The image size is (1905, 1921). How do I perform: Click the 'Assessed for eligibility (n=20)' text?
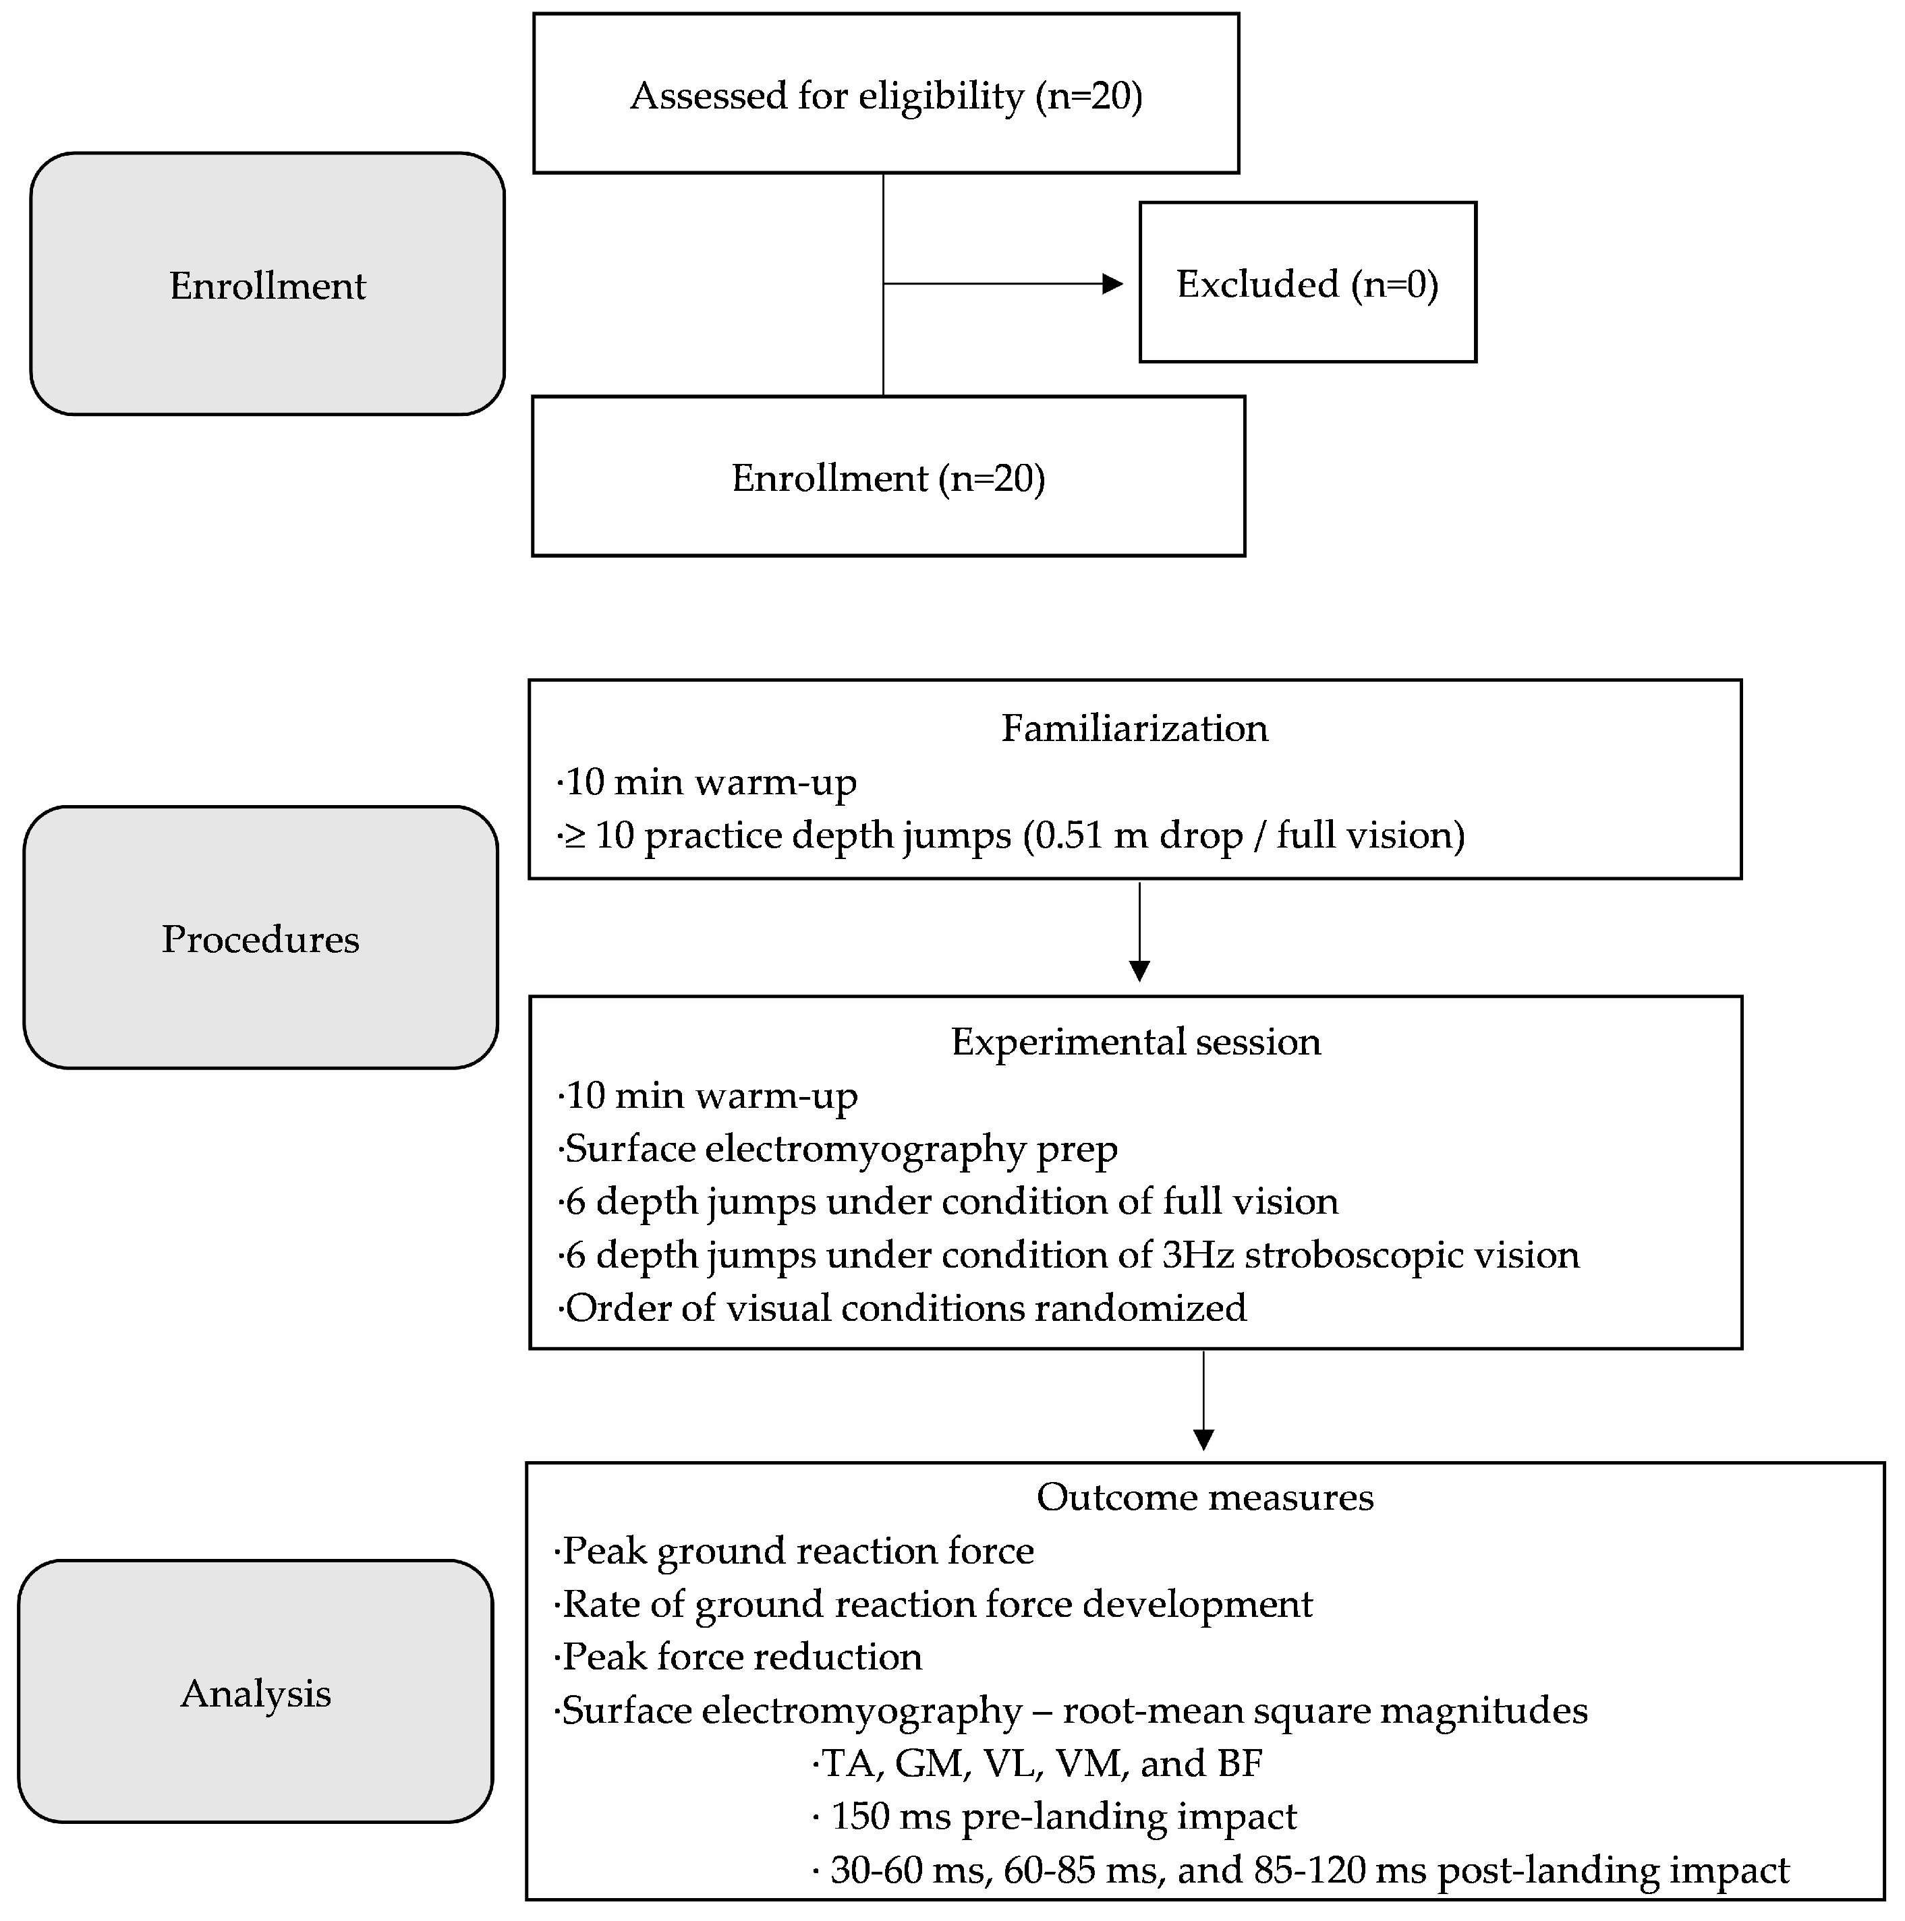tap(885, 96)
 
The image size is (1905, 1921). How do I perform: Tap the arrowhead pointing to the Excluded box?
tap(1112, 285)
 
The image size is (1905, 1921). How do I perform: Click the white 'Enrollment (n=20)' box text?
tap(887, 478)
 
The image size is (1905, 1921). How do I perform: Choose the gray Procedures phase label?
tap(260, 939)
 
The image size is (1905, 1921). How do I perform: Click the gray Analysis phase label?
tap(255, 1692)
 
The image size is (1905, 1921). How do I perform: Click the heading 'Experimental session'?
tap(1135, 1041)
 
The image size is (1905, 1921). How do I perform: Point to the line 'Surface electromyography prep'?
tap(838, 1148)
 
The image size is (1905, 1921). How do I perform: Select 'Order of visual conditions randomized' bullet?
tap(903, 1307)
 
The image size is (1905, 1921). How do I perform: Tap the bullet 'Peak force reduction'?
tap(739, 1657)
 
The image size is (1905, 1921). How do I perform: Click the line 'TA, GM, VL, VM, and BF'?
tap(1037, 1763)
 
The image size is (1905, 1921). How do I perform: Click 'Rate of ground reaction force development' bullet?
tap(934, 1604)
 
